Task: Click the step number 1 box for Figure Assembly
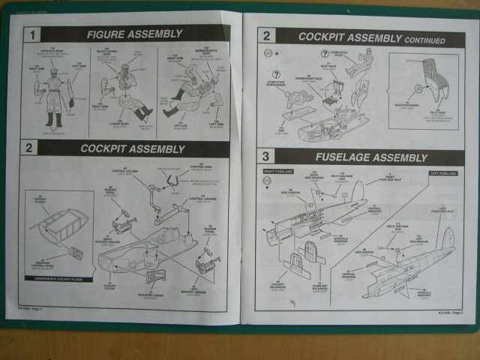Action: (x=33, y=34)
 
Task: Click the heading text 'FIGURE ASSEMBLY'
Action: (x=134, y=34)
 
